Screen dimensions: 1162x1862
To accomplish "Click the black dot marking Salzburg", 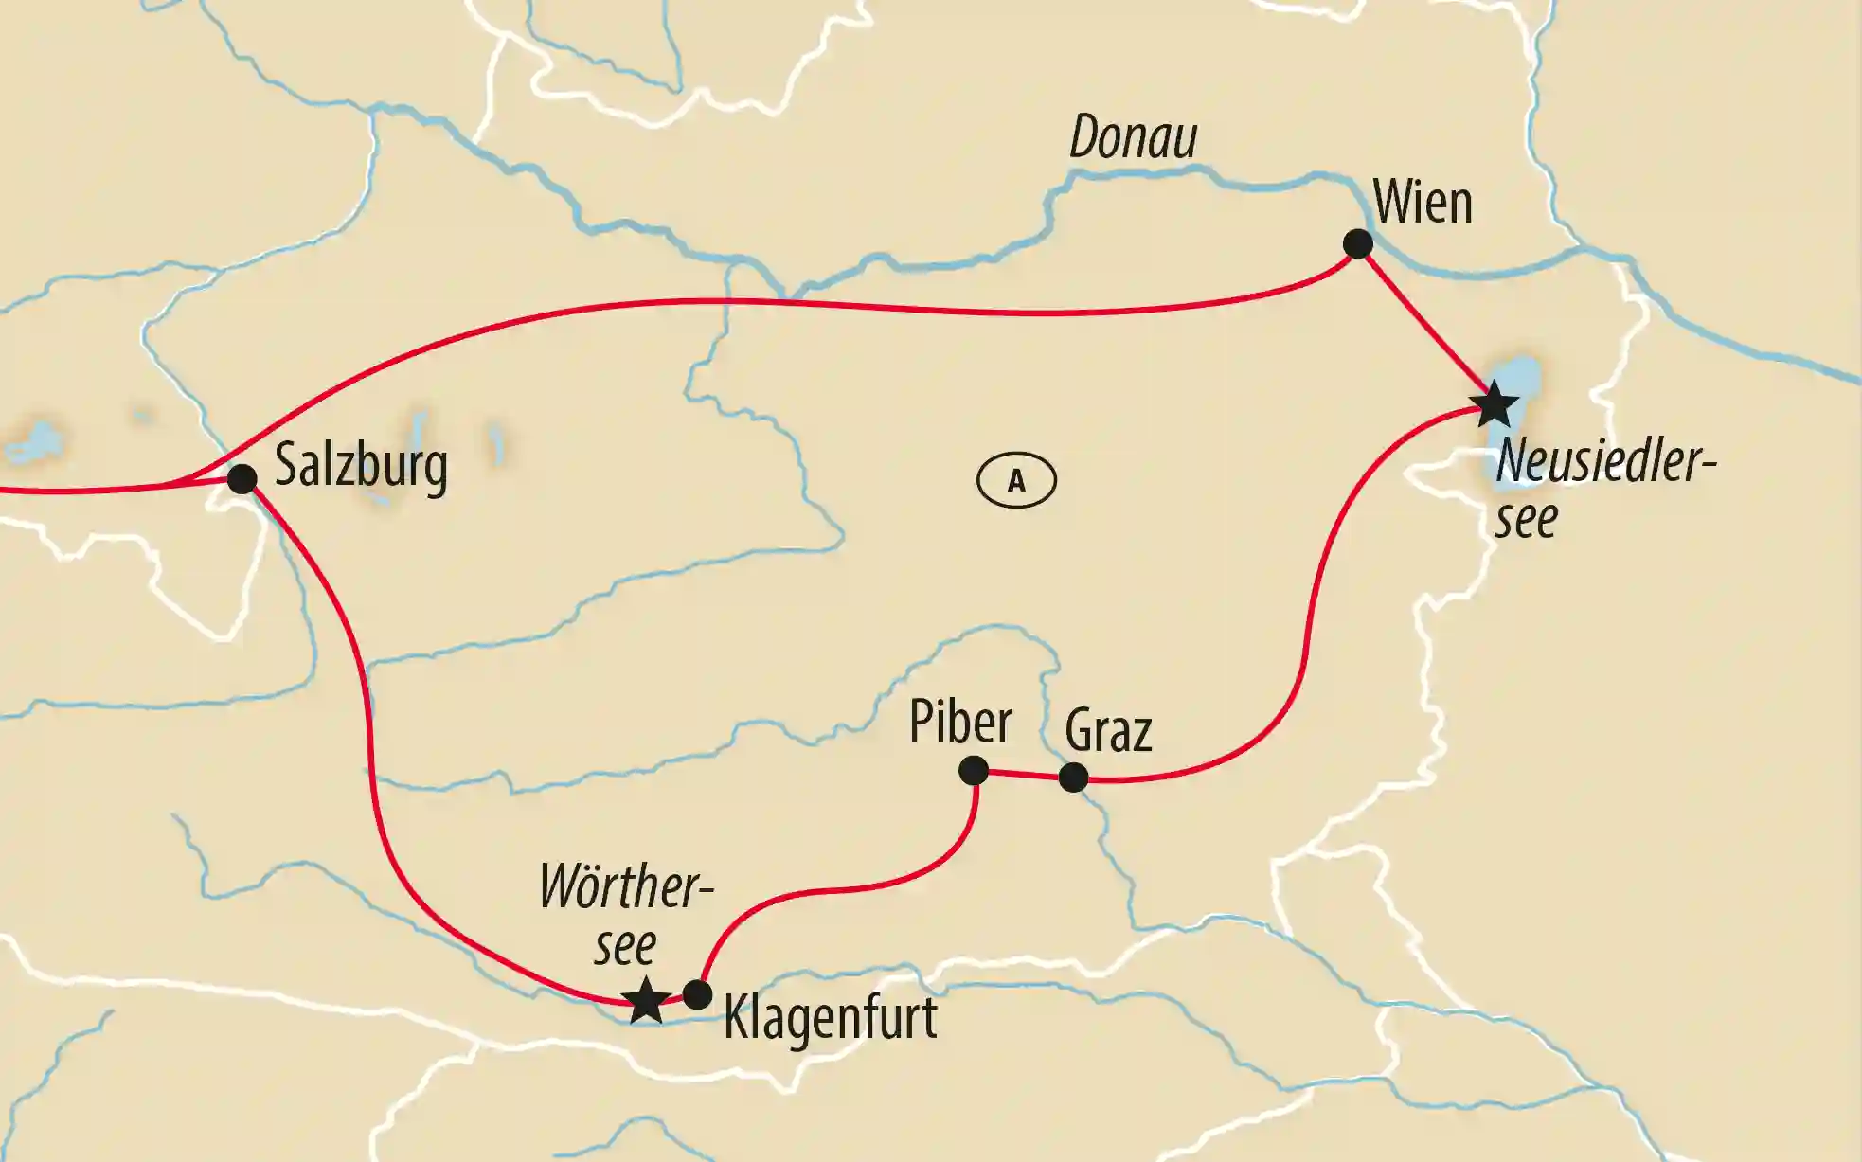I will coord(242,479).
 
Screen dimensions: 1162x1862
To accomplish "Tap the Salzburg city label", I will coord(361,466).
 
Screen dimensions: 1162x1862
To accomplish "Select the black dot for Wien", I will coord(1358,243).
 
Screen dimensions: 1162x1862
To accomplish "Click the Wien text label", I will coord(1423,203).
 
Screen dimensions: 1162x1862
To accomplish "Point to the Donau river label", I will coord(1134,138).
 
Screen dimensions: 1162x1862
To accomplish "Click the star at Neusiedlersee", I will coord(1495,405).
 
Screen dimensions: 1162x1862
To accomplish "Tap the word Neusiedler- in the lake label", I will coord(1604,462).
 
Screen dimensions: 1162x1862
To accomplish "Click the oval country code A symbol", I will coord(1016,481).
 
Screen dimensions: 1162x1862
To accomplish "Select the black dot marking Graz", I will coord(1073,778).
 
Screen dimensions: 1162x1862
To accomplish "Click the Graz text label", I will coord(1108,731).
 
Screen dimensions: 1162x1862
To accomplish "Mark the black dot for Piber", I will coord(974,771).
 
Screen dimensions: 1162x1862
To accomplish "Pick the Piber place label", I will coord(960,723).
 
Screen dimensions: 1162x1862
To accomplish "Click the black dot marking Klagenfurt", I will coord(697,994).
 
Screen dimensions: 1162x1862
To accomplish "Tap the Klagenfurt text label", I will coord(830,1018).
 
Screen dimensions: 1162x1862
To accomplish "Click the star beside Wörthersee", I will coord(646,1000).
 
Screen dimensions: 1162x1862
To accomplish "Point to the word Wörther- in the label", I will coord(625,888).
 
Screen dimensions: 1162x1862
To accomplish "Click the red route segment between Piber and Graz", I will coord(1023,775).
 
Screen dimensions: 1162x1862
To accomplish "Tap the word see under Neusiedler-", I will coord(1526,519).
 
